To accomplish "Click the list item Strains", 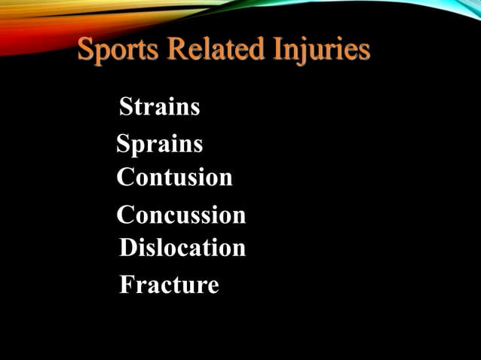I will (160, 107).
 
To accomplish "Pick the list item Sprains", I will (159, 143).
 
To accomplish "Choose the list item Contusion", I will (175, 178).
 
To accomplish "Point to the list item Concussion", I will (181, 215).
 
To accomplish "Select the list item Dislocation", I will (182, 248).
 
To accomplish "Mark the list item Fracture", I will (170, 285).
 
